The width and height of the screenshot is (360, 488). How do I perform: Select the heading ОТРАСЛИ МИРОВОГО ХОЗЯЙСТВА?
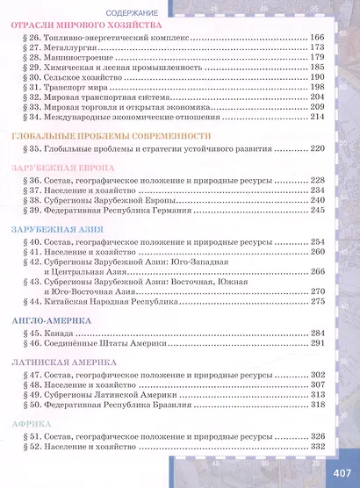(x=90, y=27)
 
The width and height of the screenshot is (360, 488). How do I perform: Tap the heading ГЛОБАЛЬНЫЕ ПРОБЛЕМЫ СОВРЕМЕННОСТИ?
(x=112, y=136)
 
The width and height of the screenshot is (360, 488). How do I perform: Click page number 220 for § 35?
(x=318, y=150)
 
